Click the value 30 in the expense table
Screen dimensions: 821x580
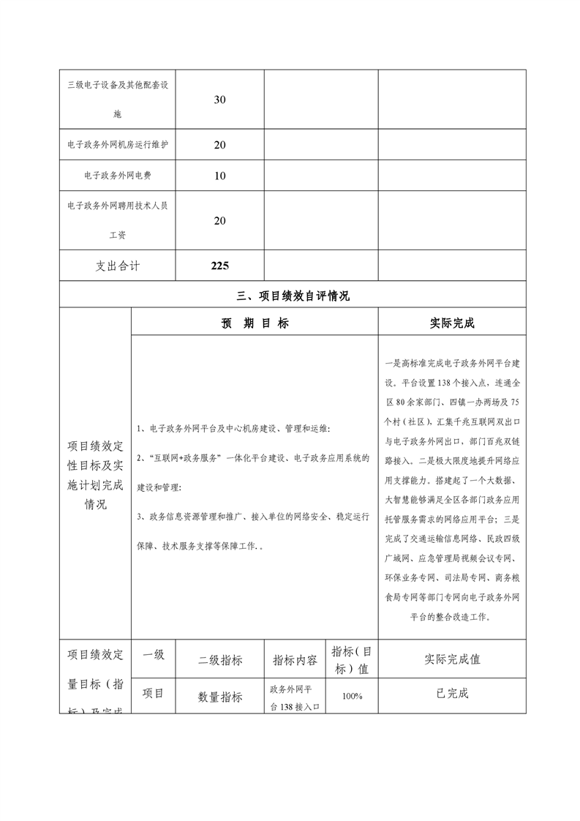point(219,100)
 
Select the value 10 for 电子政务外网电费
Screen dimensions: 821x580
point(219,176)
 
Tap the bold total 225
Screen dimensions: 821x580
point(219,266)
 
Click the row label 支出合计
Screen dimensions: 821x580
point(118,266)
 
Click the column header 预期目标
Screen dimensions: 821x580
point(255,323)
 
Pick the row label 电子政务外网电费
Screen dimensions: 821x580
point(118,176)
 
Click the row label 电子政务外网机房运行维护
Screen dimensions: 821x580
point(118,145)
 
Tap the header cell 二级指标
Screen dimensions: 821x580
point(220,659)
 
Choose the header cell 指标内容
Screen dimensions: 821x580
point(295,659)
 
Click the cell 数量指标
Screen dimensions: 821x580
point(220,697)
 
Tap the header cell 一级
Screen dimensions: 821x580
point(153,654)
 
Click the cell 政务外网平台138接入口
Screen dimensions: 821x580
point(295,697)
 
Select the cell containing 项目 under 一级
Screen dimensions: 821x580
point(153,693)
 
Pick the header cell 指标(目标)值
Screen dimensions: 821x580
point(353,659)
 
